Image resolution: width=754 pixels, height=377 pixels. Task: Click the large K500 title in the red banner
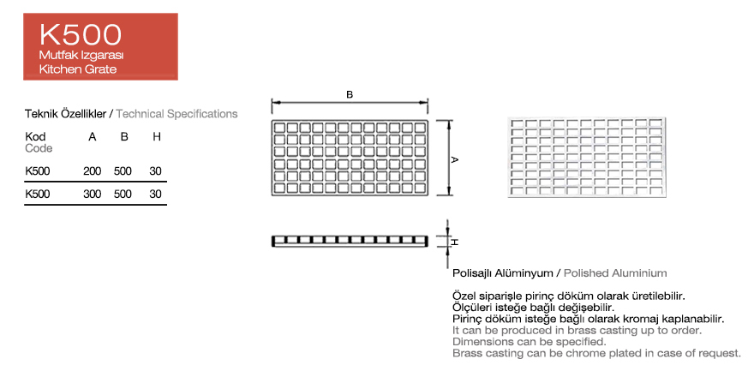[x=81, y=34]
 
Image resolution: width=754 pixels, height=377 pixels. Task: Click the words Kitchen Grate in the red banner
[x=78, y=69]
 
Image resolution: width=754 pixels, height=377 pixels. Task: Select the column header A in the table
[x=93, y=137]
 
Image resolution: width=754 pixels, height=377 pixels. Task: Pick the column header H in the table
[x=156, y=137]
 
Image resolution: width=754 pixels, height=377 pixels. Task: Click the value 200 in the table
[x=93, y=171]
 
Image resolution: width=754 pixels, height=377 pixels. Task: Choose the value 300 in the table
[x=93, y=194]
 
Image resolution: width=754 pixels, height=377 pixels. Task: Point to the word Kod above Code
[x=35, y=137]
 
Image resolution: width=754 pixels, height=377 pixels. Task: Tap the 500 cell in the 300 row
[x=123, y=194]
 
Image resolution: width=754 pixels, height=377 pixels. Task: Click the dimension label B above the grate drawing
[x=350, y=95]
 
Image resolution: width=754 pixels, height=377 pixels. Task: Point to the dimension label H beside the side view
[x=455, y=242]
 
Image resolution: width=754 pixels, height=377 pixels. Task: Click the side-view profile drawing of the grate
[x=350, y=241]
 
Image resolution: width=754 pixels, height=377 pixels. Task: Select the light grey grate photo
[x=587, y=157]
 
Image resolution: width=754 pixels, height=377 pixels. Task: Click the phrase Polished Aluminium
[x=615, y=273]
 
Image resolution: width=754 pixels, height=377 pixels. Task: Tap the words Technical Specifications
[x=177, y=114]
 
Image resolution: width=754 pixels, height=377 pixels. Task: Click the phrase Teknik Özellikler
[x=65, y=114]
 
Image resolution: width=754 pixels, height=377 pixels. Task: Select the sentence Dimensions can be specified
[x=529, y=342]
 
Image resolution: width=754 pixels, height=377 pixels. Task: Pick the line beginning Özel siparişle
[x=568, y=296]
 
